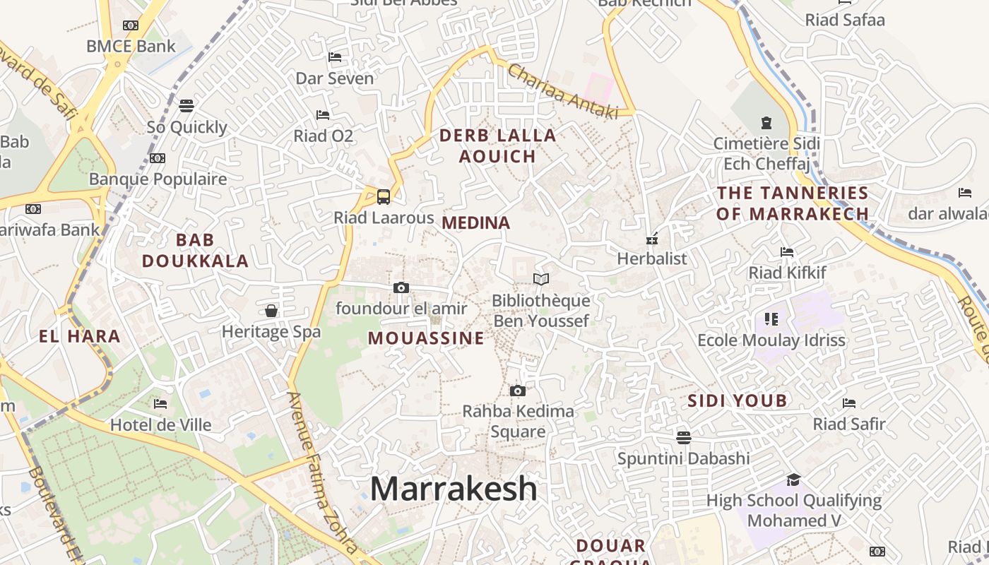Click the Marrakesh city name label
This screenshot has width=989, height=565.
pyautogui.click(x=453, y=489)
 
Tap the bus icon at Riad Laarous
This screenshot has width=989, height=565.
pyautogui.click(x=384, y=196)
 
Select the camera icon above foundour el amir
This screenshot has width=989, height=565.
pyautogui.click(x=401, y=287)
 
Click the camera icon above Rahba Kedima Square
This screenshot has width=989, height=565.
pyautogui.click(x=518, y=391)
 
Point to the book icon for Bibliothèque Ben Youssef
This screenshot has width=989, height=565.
pyautogui.click(x=541, y=280)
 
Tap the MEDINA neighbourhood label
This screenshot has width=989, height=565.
pyautogui.click(x=475, y=223)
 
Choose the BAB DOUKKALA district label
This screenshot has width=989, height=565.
pyautogui.click(x=195, y=251)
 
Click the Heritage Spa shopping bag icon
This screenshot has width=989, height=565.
pyautogui.click(x=271, y=311)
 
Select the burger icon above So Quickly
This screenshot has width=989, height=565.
pyautogui.click(x=186, y=106)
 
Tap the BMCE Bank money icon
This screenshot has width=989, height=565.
pyautogui.click(x=131, y=25)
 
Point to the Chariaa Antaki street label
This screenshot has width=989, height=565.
pyautogui.click(x=562, y=92)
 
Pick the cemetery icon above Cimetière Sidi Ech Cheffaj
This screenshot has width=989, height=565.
pyautogui.click(x=766, y=123)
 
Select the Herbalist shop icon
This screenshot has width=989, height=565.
pyautogui.click(x=652, y=238)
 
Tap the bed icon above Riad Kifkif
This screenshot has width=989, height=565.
pyautogui.click(x=787, y=251)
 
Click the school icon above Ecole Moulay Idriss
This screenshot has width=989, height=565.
pyautogui.click(x=771, y=319)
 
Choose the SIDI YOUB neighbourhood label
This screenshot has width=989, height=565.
pyautogui.click(x=738, y=401)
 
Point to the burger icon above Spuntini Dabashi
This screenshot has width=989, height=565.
pyautogui.click(x=683, y=437)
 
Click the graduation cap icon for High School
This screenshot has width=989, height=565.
pyautogui.click(x=793, y=480)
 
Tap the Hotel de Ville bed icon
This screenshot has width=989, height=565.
pyautogui.click(x=160, y=404)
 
